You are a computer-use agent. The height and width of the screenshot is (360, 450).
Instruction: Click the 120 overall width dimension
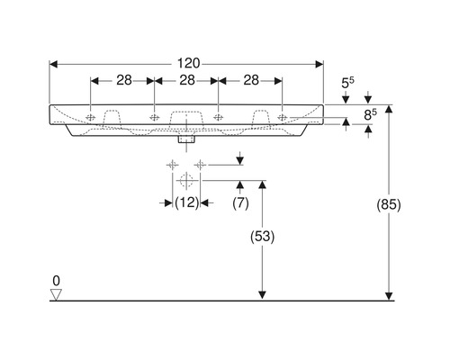point(188,64)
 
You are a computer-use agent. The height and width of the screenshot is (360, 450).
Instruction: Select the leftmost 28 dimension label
point(124,80)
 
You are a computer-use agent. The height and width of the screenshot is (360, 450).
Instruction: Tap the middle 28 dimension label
point(187,80)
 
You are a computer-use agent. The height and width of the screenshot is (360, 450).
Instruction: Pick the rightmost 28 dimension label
point(251,80)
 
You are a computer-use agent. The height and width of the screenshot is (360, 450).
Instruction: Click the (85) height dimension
point(389,205)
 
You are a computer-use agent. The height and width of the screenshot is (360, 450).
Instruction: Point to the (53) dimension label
point(262,237)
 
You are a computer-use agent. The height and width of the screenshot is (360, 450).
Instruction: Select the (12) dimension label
point(186,202)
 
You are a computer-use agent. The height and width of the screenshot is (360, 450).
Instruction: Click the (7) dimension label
point(240,203)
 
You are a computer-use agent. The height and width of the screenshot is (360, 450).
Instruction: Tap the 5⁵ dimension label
point(347,83)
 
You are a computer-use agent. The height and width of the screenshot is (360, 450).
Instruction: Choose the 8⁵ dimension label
point(370,114)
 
